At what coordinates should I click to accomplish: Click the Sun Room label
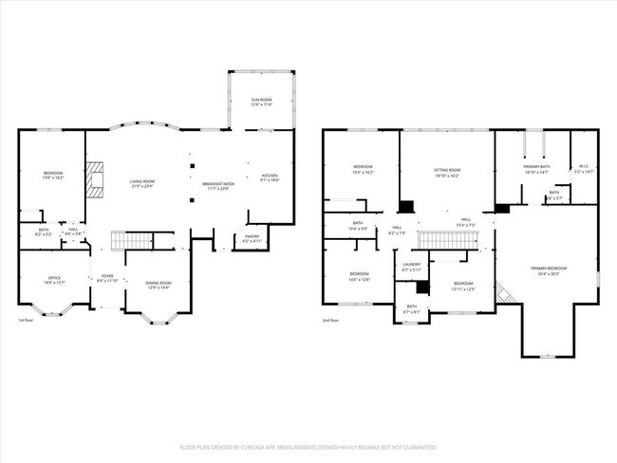261,100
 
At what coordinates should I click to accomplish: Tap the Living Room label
141,180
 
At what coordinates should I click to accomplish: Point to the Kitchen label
270,176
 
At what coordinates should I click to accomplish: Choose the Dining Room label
158,283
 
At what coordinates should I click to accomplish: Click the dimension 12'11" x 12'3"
462,287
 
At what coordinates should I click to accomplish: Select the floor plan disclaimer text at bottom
308,445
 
